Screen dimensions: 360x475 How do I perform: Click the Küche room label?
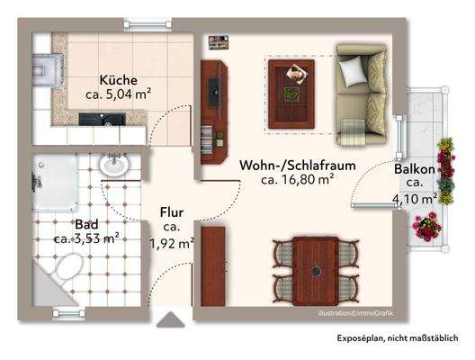[119, 77]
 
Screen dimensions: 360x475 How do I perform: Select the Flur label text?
[172, 212]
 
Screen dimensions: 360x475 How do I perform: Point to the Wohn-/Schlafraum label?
[298, 165]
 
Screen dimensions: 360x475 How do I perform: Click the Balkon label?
[415, 168]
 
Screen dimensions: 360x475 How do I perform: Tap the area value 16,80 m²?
[299, 180]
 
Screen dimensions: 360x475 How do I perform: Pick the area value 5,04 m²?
[119, 93]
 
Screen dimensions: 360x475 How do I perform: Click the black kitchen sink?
[94, 118]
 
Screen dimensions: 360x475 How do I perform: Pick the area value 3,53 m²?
[86, 238]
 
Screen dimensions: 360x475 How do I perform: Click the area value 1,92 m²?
[172, 242]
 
